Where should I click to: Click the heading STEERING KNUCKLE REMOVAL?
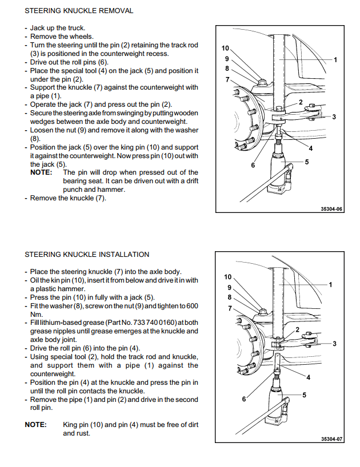click(x=79, y=11)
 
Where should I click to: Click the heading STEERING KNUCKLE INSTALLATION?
click(x=87, y=255)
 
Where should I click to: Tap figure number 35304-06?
click(x=331, y=210)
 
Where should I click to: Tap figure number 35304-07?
click(x=331, y=440)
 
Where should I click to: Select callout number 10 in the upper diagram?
click(x=225, y=49)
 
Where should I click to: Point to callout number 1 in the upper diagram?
click(x=335, y=59)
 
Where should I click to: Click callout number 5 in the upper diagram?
click(x=307, y=162)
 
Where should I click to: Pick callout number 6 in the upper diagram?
click(x=253, y=165)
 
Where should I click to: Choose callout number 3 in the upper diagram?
click(x=334, y=117)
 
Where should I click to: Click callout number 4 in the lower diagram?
click(x=308, y=377)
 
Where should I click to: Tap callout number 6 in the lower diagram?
click(x=244, y=398)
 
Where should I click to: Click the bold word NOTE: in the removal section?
click(x=41, y=172)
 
